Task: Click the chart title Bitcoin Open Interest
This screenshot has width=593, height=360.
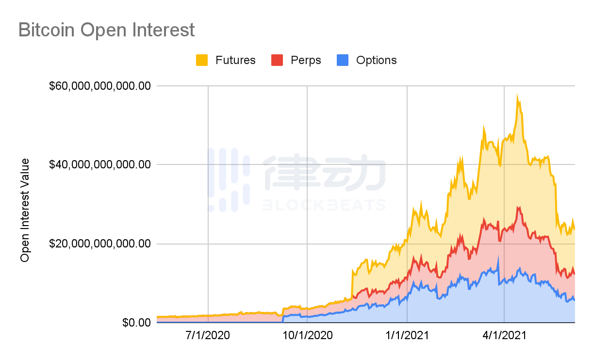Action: (x=106, y=30)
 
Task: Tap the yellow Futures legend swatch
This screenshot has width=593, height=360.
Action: (x=202, y=60)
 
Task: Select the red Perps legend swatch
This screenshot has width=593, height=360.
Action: (x=277, y=60)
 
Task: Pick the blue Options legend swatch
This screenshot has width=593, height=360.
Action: (x=342, y=60)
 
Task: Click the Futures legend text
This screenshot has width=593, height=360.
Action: (x=235, y=60)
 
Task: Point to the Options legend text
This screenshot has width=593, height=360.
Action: (x=376, y=60)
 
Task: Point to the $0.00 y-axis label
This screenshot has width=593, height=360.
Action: (x=136, y=322)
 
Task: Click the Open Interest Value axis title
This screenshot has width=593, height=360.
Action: (x=25, y=210)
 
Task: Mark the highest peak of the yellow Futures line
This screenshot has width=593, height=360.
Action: (x=517, y=96)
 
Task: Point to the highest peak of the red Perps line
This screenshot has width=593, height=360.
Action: (x=518, y=207)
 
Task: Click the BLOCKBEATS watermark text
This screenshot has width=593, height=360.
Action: (x=324, y=205)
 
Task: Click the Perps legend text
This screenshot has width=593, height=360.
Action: (x=306, y=60)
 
